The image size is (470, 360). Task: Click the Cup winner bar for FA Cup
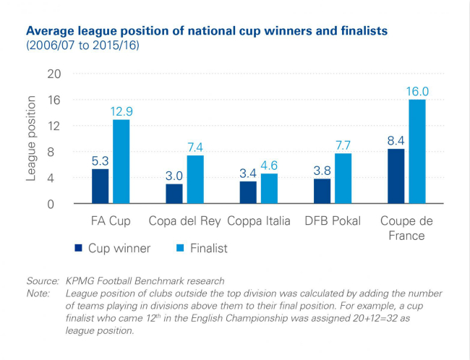[100, 186]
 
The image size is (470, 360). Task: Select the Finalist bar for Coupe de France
[416, 152]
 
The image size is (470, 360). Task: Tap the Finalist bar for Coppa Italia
[269, 189]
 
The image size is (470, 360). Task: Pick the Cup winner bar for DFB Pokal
[322, 192]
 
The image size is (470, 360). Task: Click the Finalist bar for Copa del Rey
[195, 179]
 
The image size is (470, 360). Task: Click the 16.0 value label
[417, 92]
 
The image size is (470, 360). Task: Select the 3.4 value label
[248, 173]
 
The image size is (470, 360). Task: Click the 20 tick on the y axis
[54, 74]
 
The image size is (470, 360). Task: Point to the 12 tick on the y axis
[54, 126]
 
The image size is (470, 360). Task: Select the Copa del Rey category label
[184, 220]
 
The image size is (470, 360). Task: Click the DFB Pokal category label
[332, 220]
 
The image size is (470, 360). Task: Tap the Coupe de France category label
[406, 228]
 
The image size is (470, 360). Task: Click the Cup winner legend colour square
[78, 249]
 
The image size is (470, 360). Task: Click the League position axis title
[32, 139]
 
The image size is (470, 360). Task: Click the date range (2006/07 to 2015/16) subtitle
[82, 46]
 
